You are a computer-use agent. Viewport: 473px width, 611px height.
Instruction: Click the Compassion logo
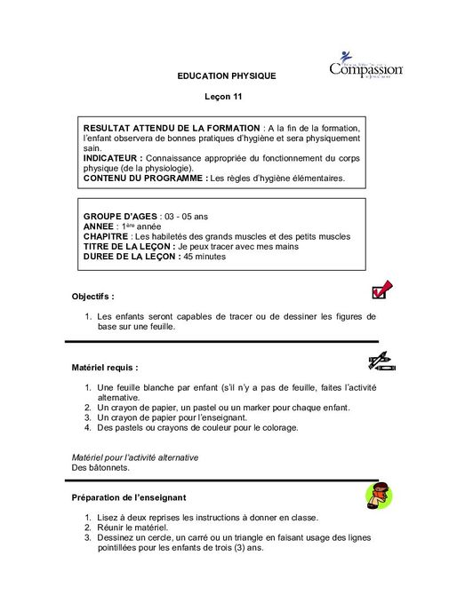tap(365, 64)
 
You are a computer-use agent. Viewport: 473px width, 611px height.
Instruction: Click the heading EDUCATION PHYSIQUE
tap(227, 75)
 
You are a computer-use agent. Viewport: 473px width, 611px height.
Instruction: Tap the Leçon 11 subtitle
tap(227, 96)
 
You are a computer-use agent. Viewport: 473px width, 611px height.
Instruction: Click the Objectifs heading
tap(93, 296)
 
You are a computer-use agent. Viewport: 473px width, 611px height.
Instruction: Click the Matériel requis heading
tap(105, 366)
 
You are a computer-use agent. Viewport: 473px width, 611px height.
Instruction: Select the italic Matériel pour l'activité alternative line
tap(134, 456)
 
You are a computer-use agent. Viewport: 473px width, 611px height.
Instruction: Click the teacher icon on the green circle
tap(379, 495)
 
